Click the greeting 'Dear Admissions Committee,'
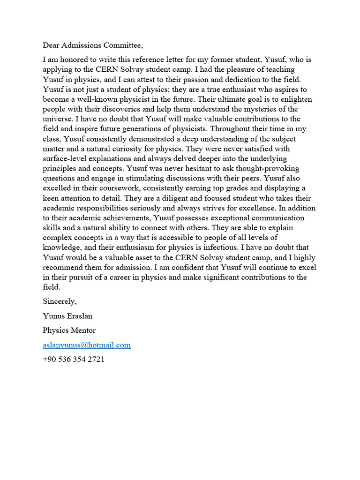(x=92, y=45)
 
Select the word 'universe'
(x=57, y=119)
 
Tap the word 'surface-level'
(x=65, y=158)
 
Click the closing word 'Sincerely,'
(x=60, y=300)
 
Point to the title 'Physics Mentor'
(x=69, y=330)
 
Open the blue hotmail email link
(x=87, y=345)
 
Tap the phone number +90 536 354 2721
(x=74, y=360)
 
